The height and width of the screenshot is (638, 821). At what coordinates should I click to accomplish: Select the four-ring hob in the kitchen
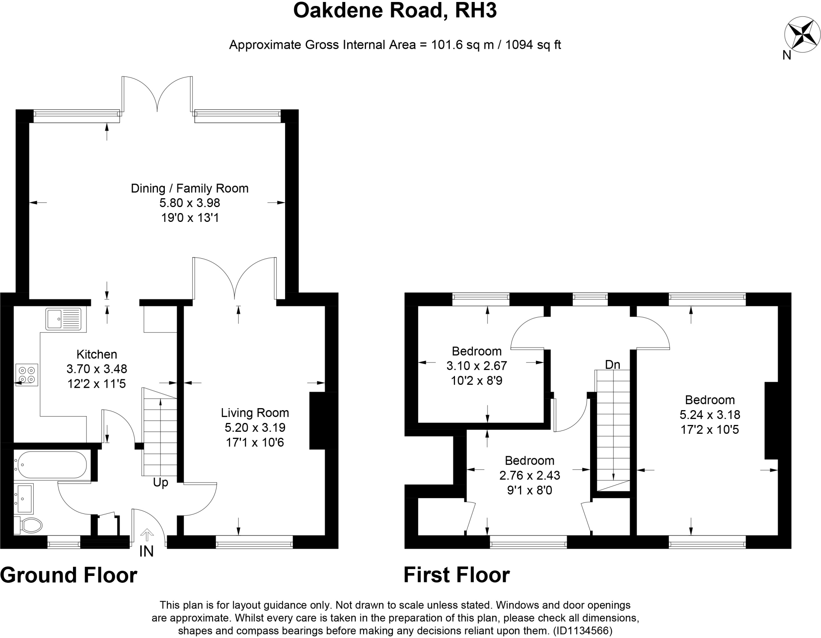27,375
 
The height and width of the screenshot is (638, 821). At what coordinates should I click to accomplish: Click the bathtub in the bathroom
51,465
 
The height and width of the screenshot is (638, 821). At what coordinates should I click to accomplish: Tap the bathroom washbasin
24,498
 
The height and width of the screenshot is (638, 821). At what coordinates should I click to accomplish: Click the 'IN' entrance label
146,551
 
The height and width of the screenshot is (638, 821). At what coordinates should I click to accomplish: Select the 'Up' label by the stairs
160,483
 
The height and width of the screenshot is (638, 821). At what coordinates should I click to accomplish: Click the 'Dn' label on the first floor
613,365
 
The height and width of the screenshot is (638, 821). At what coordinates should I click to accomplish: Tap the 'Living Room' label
255,413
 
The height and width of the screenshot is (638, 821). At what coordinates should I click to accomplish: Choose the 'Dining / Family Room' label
190,188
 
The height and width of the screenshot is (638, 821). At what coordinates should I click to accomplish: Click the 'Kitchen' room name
97,354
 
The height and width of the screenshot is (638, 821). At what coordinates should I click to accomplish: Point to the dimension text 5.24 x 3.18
710,415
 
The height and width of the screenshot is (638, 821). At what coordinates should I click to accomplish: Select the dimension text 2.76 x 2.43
530,475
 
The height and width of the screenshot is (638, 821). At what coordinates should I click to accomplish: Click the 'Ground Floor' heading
69,575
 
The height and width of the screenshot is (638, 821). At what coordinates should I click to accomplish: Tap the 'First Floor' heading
457,575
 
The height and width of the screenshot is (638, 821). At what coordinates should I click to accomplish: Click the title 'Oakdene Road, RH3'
395,11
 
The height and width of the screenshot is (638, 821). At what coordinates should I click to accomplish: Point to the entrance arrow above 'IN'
147,535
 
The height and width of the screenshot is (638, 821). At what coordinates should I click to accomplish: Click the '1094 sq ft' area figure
533,45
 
